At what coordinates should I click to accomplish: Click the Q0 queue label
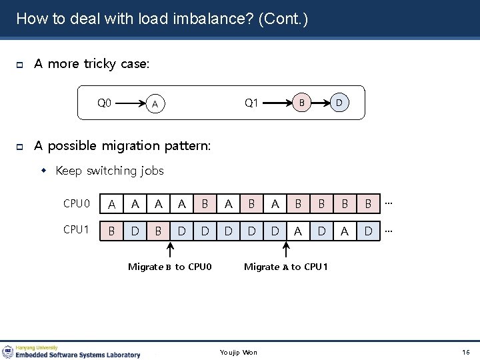105,103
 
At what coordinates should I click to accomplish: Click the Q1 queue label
251,103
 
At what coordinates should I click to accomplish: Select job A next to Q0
155,104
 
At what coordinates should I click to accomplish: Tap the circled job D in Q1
339,103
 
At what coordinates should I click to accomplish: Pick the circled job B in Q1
301,103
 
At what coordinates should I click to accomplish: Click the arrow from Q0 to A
131,103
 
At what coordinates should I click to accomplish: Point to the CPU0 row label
77,203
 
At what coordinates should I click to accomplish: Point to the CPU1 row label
77,230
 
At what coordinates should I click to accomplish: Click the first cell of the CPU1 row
111,231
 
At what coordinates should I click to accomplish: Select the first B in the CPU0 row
205,204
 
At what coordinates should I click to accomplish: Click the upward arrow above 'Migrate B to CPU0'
170,251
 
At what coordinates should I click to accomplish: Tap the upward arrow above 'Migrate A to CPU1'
287,251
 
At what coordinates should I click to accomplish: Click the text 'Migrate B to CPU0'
169,267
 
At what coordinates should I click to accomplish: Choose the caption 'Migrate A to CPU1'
286,267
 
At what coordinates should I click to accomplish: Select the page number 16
465,352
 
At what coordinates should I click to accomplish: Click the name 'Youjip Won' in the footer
239,352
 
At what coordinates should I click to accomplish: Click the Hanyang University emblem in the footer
8,351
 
